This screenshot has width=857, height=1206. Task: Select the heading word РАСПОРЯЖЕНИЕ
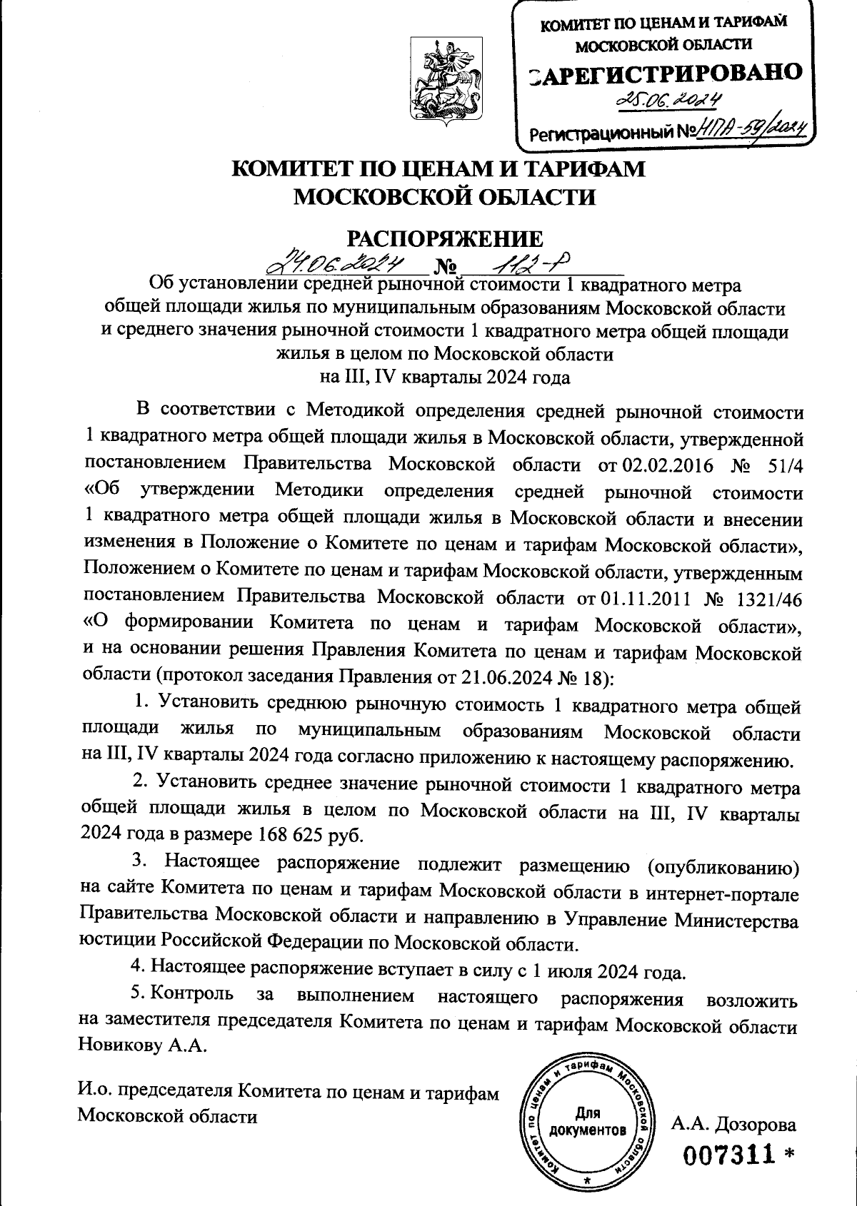pyautogui.click(x=445, y=238)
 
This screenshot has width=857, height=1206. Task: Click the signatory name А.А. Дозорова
pyautogui.click(x=733, y=1105)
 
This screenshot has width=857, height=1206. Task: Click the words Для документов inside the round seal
pyautogui.click(x=588, y=1123)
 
